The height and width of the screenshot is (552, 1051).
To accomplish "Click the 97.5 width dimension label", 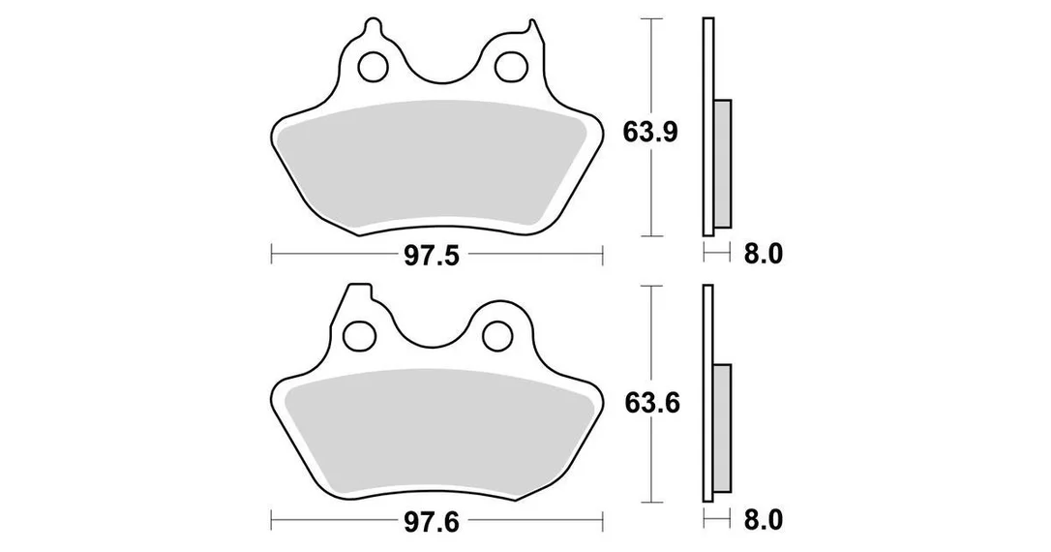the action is point(432,256).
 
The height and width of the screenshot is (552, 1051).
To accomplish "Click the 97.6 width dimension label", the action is point(432,521).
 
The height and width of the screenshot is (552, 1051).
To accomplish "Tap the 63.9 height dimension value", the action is point(651,132).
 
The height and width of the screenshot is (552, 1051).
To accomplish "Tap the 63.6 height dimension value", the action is point(652,403).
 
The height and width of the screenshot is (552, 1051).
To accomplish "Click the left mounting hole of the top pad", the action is point(374,67).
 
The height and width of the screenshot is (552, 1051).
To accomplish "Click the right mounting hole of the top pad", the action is point(509,66).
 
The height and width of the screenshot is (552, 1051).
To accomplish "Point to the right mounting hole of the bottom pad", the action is point(497,335).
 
